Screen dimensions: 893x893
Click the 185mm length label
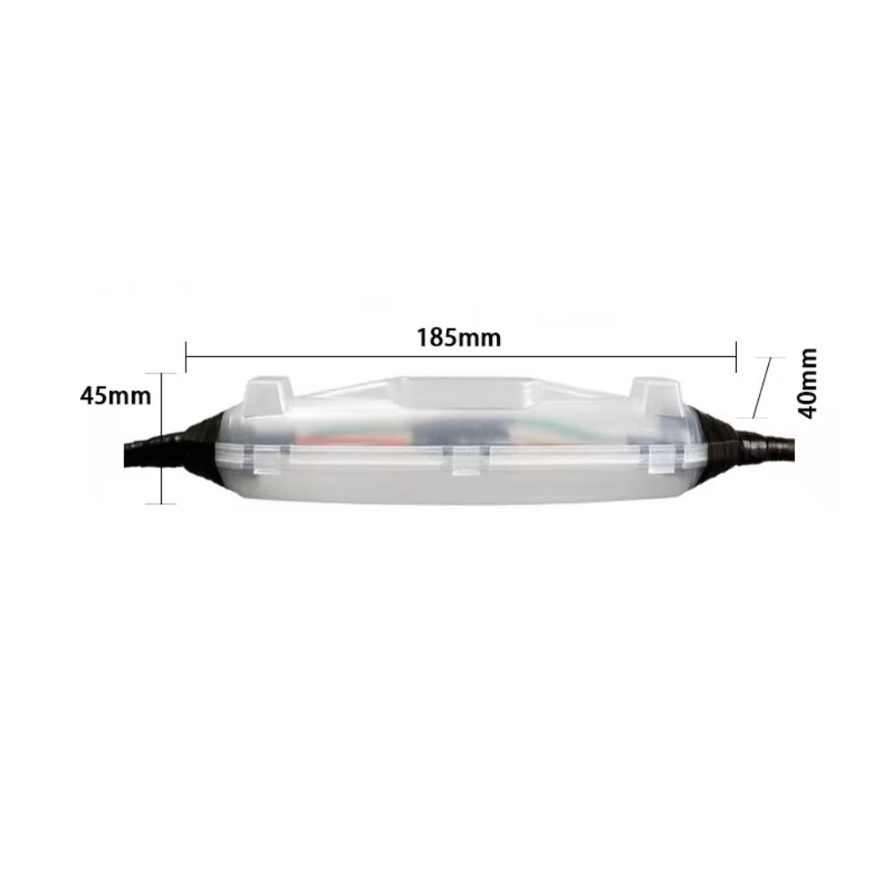pyautogui.click(x=459, y=338)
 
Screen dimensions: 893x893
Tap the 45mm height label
pyautogui.click(x=115, y=395)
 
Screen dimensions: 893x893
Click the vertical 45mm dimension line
pyautogui.click(x=162, y=438)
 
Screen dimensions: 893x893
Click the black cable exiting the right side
pyautogui.click(x=777, y=446)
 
